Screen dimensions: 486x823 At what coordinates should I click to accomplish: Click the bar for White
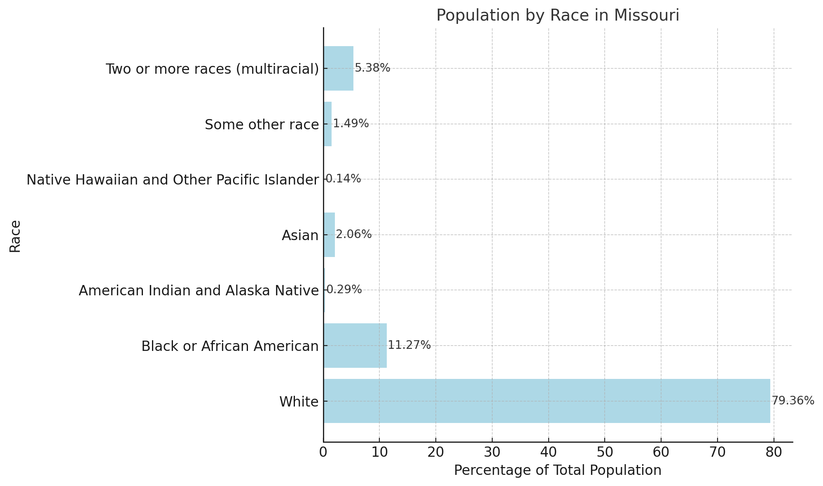tap(547, 401)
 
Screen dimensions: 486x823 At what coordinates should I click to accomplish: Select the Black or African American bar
tap(355, 346)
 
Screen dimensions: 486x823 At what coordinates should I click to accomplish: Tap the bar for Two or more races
tap(338, 68)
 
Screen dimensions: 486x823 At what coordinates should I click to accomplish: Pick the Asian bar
tap(329, 235)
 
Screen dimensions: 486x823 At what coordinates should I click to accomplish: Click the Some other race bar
tap(327, 124)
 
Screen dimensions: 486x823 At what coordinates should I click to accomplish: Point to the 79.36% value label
tap(793, 401)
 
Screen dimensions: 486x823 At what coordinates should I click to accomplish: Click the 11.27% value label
tap(409, 345)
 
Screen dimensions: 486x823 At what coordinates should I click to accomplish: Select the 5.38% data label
tap(372, 68)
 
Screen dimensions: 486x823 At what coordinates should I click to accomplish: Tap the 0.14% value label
tap(343, 179)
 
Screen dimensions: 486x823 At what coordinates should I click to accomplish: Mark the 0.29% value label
tap(344, 290)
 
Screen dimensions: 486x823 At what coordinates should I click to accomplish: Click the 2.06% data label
tap(353, 234)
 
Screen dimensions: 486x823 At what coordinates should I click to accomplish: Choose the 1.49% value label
tap(351, 124)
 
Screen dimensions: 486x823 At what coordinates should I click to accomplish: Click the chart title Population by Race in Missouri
tap(557, 15)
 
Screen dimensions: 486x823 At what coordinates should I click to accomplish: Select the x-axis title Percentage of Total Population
tap(557, 470)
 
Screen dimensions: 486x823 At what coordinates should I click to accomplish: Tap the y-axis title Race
tap(15, 236)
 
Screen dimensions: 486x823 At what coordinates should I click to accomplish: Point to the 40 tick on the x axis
tap(548, 452)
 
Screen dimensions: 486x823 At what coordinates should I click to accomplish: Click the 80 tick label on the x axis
tap(774, 452)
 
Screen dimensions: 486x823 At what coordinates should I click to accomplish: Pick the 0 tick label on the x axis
tap(323, 452)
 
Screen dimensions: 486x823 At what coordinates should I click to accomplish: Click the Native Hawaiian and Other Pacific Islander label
tap(173, 180)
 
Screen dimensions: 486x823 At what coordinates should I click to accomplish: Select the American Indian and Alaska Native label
tap(199, 291)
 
